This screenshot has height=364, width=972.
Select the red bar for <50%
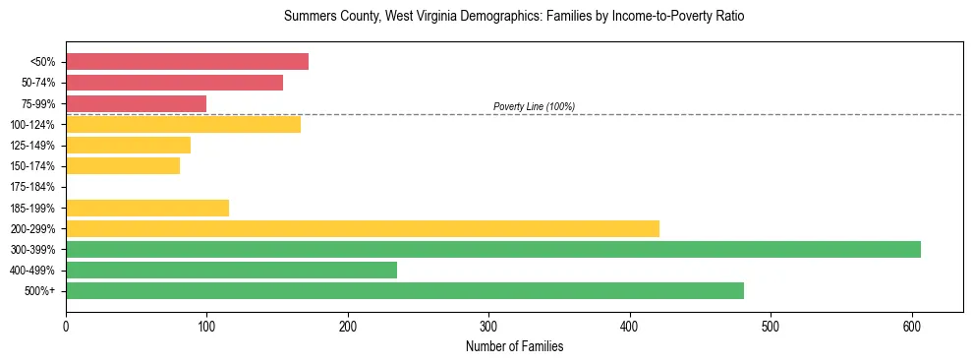187,62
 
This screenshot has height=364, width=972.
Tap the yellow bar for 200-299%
363,228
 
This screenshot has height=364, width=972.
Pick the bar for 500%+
405,290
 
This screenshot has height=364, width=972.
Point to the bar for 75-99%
136,103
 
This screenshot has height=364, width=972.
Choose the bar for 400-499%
231,270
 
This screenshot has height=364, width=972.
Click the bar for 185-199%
147,208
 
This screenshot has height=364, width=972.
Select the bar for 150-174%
123,166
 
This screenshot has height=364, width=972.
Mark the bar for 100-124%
183,124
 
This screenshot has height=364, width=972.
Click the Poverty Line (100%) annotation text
534,106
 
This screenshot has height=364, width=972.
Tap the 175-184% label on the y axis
32,187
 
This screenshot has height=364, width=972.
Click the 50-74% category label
37,83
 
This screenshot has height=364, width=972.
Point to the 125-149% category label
32,146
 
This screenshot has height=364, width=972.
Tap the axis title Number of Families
515,346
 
